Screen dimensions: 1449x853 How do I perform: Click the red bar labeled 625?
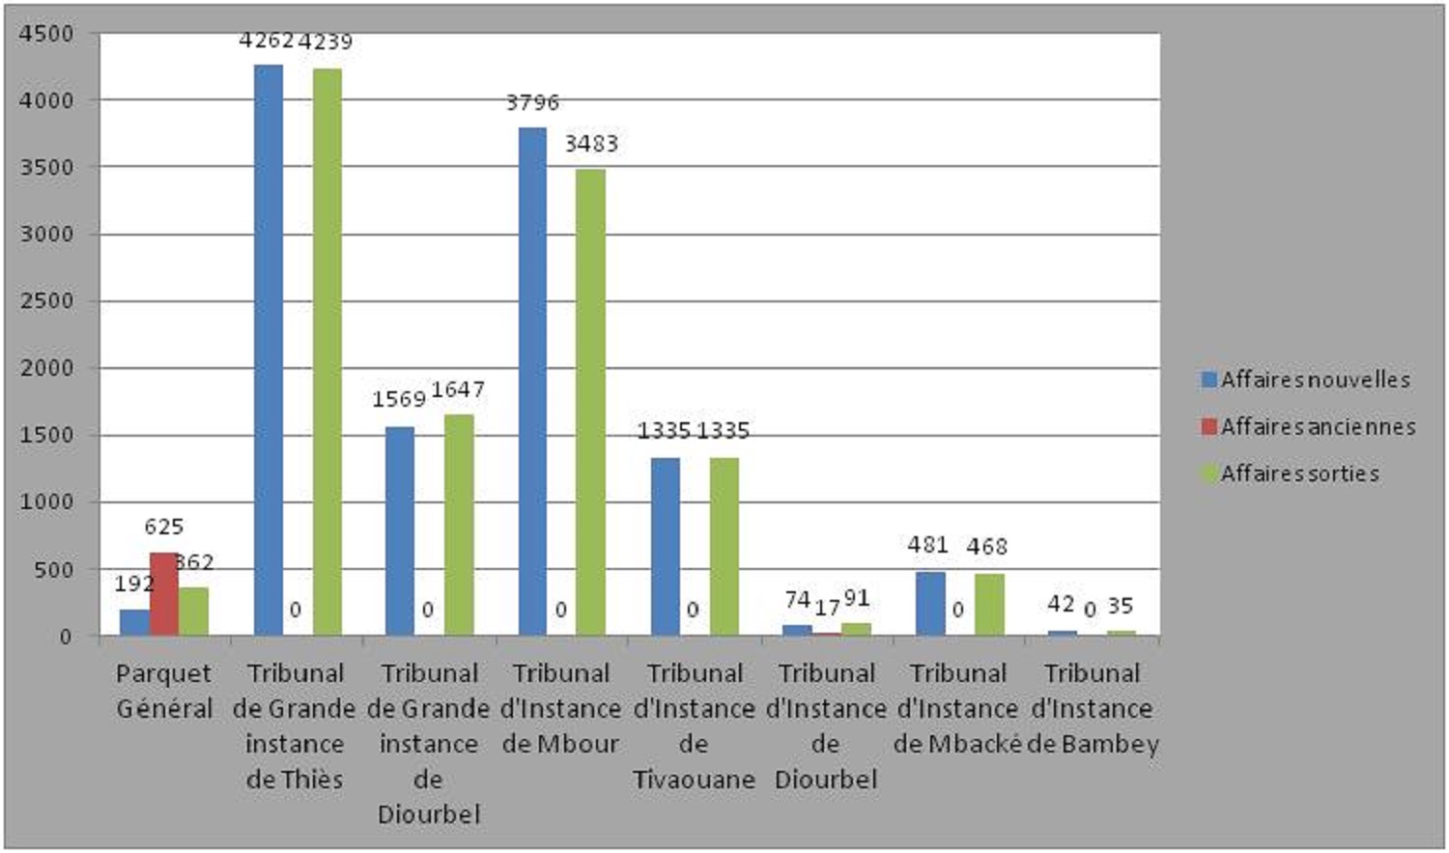(164, 594)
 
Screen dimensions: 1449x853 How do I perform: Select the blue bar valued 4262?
(269, 350)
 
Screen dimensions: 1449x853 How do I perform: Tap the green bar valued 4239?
(327, 352)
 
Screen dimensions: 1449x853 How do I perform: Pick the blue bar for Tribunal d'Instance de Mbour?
(532, 382)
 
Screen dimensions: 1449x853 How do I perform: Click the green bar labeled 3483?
(591, 402)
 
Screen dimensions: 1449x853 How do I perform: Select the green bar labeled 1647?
(459, 526)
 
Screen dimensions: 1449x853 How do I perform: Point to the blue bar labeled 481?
(931, 604)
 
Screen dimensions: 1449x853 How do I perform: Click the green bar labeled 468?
(990, 605)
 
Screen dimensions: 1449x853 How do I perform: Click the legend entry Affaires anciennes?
(1308, 427)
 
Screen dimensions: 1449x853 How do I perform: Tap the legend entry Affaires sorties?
(1290, 474)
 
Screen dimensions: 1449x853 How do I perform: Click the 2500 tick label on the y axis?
(46, 301)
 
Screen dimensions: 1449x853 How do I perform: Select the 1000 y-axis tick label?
(46, 501)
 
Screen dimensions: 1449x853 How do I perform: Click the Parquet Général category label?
(164, 692)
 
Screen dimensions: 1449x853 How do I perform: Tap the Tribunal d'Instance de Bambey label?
(1093, 709)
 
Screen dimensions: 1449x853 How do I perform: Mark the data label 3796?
(532, 102)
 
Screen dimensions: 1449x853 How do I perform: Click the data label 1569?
(399, 399)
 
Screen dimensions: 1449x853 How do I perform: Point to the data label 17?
(827, 608)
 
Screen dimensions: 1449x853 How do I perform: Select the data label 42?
(1061, 604)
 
